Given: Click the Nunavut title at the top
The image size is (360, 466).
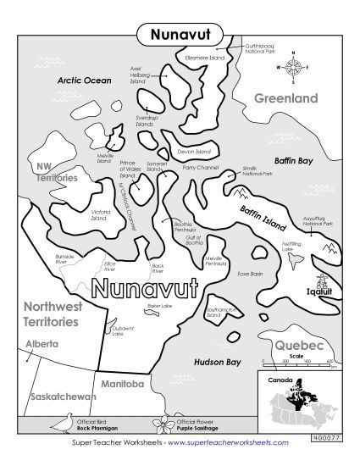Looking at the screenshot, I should (179, 35).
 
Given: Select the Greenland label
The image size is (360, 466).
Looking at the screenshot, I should (286, 98).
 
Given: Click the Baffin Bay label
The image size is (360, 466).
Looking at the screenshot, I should (294, 159).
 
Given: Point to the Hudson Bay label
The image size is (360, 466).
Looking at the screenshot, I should (213, 362).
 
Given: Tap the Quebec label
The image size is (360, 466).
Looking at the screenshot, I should (298, 347).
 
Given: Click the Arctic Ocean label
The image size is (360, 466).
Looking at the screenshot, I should (84, 80).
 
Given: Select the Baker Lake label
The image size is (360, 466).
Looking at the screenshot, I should (136, 305).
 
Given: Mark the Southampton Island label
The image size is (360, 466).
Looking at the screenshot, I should (223, 314).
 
